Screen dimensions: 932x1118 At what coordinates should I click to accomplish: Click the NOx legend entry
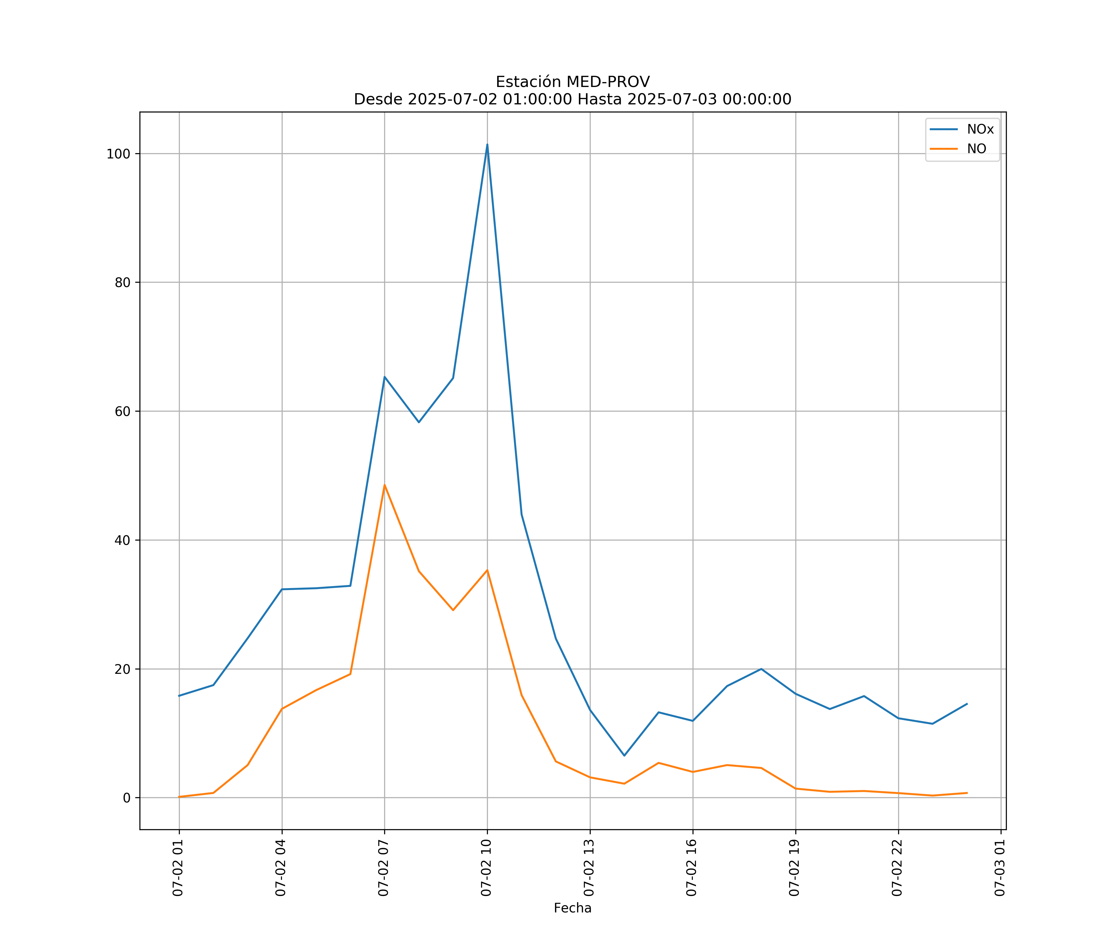(979, 130)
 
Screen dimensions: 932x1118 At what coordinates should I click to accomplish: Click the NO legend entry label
(976, 148)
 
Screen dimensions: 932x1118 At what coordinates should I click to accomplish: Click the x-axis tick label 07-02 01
(178, 868)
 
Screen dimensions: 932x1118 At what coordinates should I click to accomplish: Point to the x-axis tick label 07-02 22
(897, 868)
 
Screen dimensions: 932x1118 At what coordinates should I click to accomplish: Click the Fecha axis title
(572, 908)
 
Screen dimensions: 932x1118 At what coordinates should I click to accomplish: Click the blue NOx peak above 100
(487, 145)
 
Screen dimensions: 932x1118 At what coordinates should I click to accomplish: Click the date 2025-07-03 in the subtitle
(672, 100)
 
